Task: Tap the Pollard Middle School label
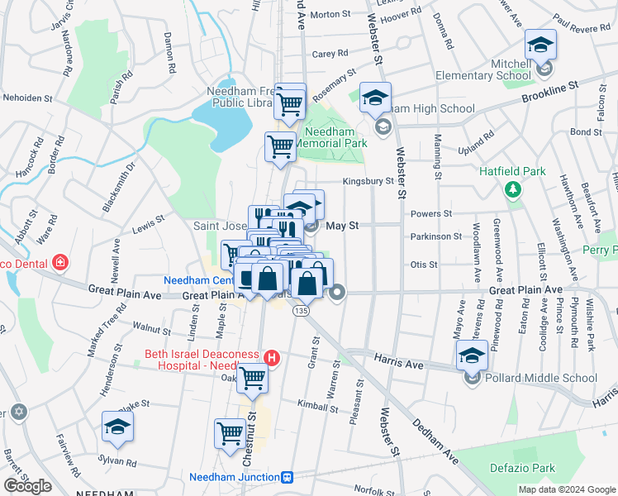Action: (542, 379)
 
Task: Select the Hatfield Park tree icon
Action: (513, 190)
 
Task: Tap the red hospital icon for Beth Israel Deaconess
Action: (273, 358)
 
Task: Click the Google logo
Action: (27, 486)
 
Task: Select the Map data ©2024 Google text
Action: (567, 489)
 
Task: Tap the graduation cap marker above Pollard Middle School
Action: (471, 355)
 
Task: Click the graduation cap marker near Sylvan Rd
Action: (117, 427)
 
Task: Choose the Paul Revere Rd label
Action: (582, 27)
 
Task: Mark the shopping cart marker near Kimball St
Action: (252, 379)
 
